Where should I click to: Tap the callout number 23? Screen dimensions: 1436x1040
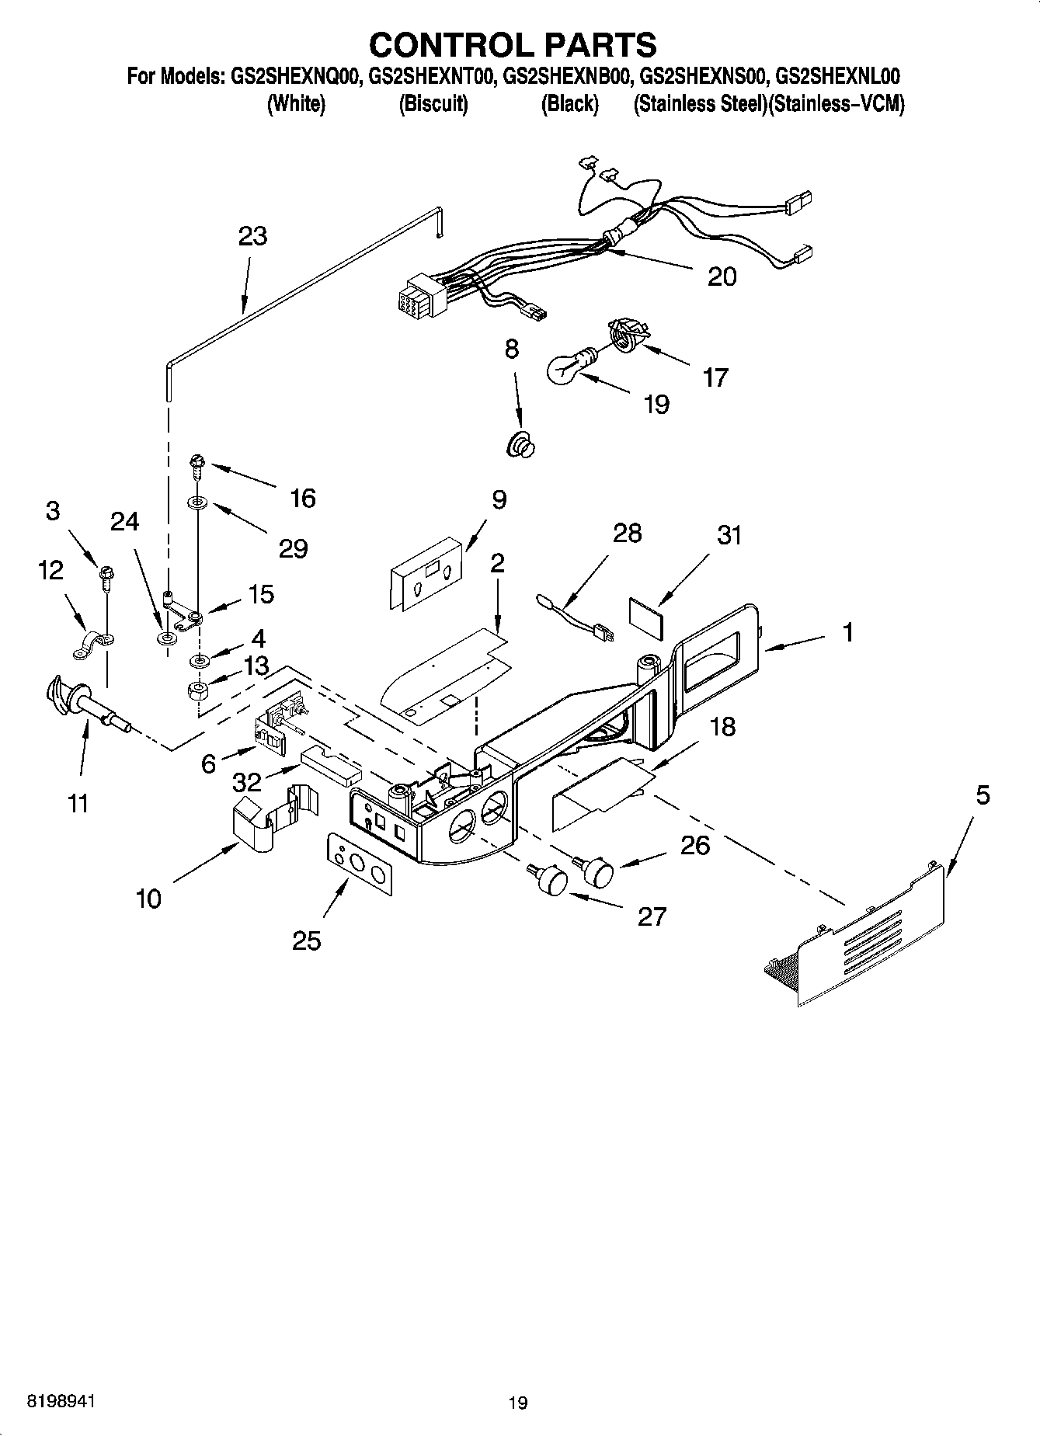click(x=253, y=236)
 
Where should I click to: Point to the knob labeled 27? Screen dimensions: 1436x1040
click(x=551, y=881)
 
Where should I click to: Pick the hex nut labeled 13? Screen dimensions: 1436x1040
click(x=200, y=689)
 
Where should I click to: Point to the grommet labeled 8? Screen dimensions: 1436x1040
click(x=520, y=447)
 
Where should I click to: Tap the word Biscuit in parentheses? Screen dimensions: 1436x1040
click(x=433, y=104)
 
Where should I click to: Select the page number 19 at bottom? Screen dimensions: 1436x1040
click(x=518, y=1402)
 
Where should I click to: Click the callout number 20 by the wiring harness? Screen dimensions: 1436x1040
click(x=722, y=276)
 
